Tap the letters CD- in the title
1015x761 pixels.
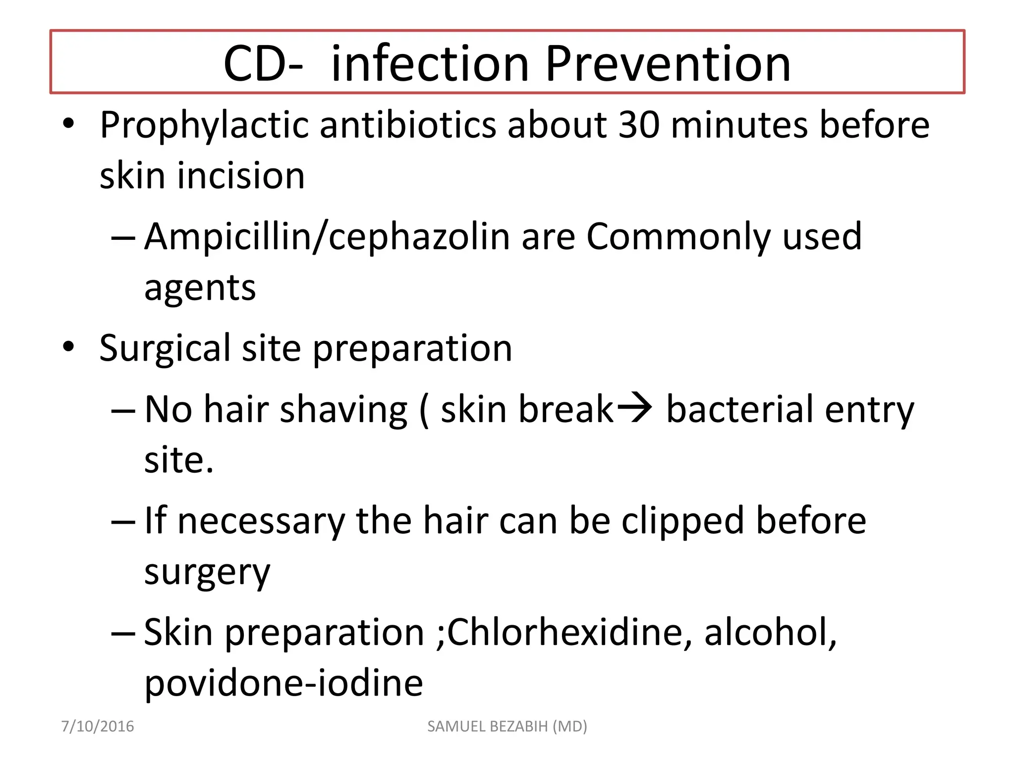coord(263,64)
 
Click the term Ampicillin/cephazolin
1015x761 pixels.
coord(327,237)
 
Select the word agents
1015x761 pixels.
coord(200,288)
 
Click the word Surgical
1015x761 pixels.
coord(165,348)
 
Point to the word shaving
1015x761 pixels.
coord(343,410)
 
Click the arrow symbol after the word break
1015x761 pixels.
coord(634,408)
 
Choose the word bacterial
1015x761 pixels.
coord(740,409)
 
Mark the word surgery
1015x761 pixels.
coord(207,573)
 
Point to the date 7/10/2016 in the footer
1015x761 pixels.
coord(98,726)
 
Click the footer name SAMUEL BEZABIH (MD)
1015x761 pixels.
coord(507,726)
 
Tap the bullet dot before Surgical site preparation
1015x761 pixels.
coord(68,347)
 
